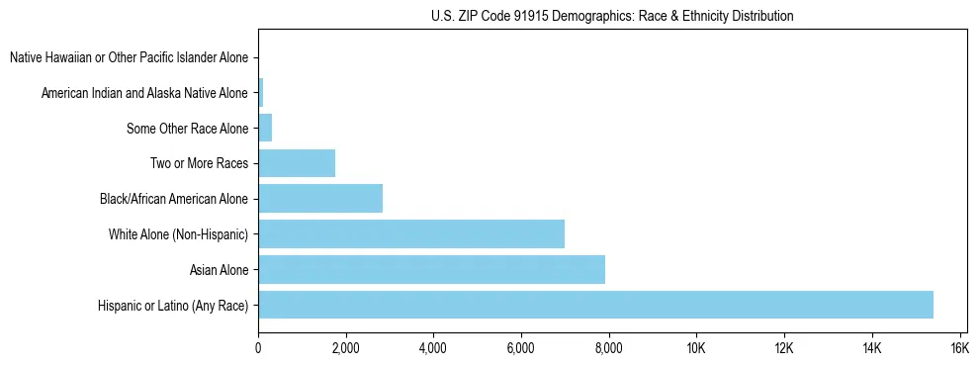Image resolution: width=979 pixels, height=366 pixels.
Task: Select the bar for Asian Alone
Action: click(431, 269)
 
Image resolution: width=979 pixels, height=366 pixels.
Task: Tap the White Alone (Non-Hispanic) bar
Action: click(411, 234)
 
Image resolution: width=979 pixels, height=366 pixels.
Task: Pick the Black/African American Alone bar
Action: click(320, 199)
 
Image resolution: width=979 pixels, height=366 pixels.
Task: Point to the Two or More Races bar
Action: click(297, 163)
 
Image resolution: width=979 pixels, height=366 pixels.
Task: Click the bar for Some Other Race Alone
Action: click(265, 128)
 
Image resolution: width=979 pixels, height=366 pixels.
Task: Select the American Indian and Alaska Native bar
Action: click(260, 93)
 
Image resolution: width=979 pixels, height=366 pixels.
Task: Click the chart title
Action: click(612, 16)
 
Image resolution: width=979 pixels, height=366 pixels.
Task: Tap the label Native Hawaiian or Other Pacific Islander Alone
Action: click(129, 57)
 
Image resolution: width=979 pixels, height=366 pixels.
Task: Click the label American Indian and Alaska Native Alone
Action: click(144, 93)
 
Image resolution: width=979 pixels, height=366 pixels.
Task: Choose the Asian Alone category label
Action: click(219, 269)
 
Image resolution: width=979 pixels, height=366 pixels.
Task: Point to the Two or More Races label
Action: click(202, 163)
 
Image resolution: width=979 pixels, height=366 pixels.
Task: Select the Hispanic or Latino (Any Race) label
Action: click(173, 305)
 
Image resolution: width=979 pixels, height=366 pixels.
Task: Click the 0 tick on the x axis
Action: click(258, 348)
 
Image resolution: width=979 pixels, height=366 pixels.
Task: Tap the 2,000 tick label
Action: click(345, 348)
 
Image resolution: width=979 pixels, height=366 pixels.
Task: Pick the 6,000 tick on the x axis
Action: click(520, 348)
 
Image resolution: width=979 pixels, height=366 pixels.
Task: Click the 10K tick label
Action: click(695, 348)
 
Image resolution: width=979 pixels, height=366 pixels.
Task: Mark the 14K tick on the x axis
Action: click(871, 348)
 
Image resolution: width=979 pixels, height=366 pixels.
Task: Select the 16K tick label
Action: click(958, 348)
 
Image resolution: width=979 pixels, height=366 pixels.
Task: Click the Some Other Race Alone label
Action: click(188, 128)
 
